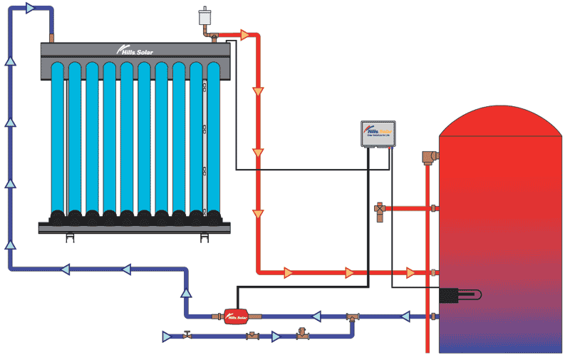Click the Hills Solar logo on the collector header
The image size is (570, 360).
tap(135, 50)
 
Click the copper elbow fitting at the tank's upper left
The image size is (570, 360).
tap(429, 157)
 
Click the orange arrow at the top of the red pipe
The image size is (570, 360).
tap(247, 34)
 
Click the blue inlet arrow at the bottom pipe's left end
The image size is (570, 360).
tap(167, 335)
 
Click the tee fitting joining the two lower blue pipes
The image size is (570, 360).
tap(352, 317)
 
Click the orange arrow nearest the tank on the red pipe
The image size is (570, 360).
tap(411, 272)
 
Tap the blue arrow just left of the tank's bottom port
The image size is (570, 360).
tap(407, 315)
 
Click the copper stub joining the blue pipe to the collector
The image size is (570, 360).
tap(51, 36)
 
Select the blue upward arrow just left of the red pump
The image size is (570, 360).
tap(187, 292)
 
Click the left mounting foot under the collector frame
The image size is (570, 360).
tap(68, 237)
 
